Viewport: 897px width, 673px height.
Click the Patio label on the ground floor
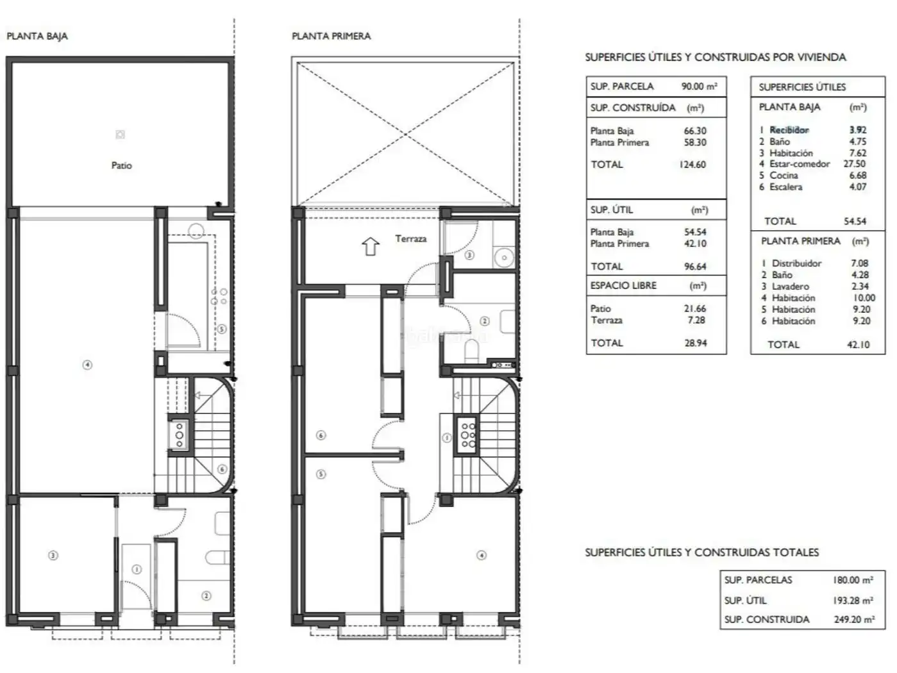pyautogui.click(x=121, y=165)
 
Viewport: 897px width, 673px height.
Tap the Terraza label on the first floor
pyautogui.click(x=411, y=238)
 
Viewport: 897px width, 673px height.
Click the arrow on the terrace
pyautogui.click(x=370, y=246)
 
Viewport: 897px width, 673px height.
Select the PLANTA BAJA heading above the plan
pyautogui.click(x=37, y=36)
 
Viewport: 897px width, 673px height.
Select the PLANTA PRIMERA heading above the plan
pyautogui.click(x=331, y=36)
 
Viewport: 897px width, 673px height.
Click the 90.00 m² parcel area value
pyautogui.click(x=700, y=86)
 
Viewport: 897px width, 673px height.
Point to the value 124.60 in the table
pyautogui.click(x=692, y=165)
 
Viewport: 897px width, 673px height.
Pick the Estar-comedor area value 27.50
pyautogui.click(x=855, y=163)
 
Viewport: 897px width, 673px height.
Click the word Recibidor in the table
pyautogui.click(x=789, y=130)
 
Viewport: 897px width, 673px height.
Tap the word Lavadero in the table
pyautogui.click(x=791, y=287)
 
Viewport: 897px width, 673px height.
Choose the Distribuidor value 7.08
pyautogui.click(x=860, y=263)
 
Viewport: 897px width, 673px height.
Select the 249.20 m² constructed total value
pyautogui.click(x=854, y=620)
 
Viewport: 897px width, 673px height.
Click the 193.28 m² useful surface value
pyautogui.click(x=853, y=601)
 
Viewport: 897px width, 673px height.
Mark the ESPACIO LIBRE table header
pyautogui.click(x=623, y=285)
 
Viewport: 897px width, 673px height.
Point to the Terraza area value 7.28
pyautogui.click(x=696, y=320)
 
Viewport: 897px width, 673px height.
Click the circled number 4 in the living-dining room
pyautogui.click(x=87, y=365)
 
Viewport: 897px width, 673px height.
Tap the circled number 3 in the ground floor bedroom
pyautogui.click(x=53, y=556)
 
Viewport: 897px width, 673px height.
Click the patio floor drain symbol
pyautogui.click(x=120, y=135)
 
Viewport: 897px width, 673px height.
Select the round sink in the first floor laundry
pyautogui.click(x=504, y=258)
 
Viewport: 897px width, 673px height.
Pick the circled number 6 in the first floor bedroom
pyautogui.click(x=321, y=435)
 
